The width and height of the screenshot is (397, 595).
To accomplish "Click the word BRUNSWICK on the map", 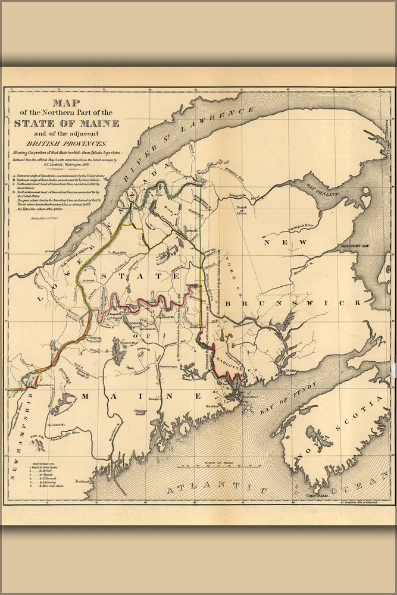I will [310, 303].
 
